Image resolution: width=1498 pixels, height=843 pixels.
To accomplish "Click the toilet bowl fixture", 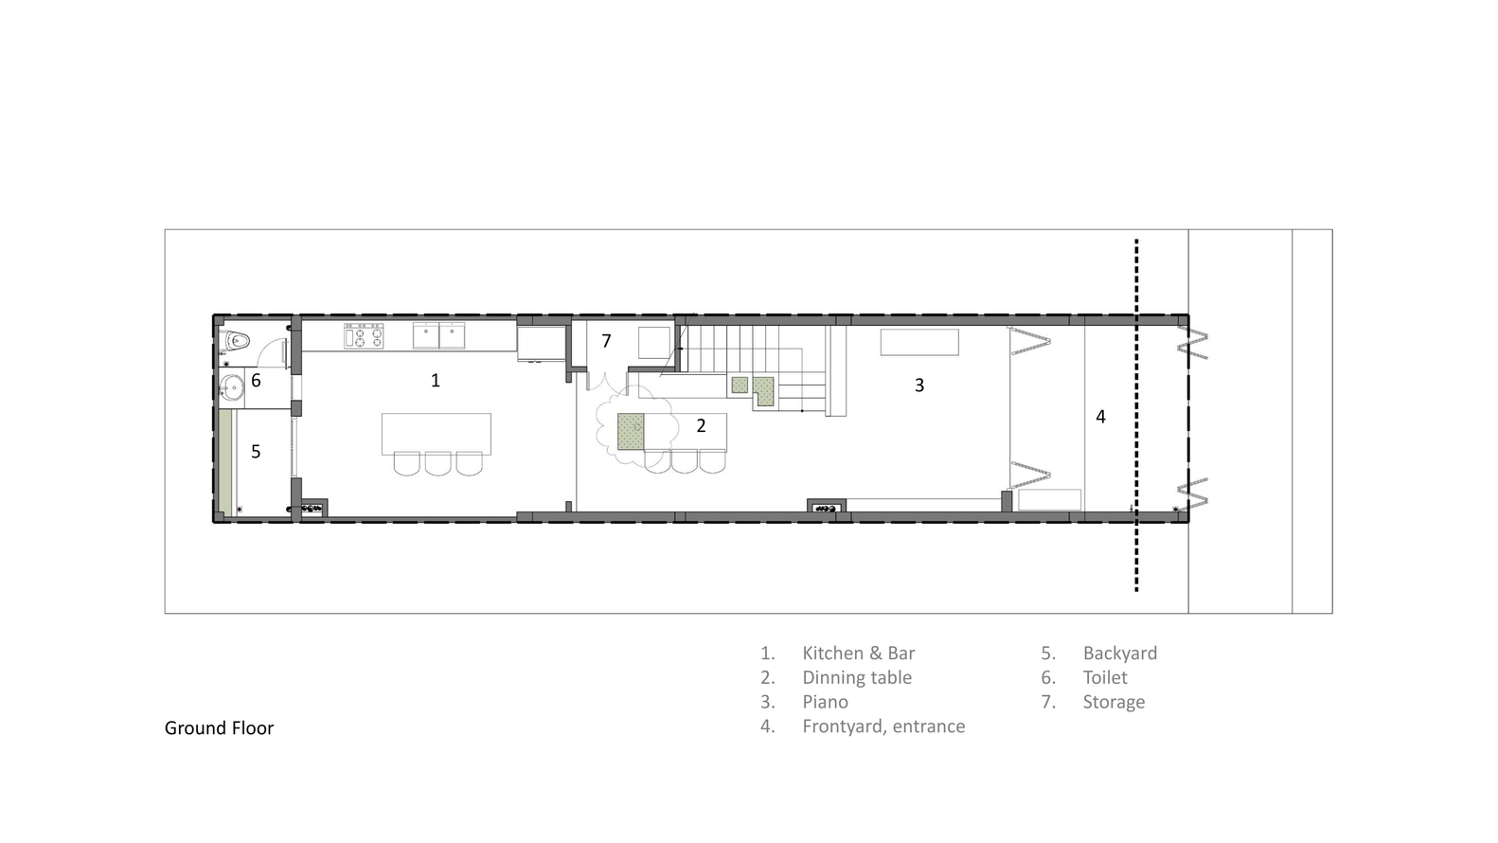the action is click(x=237, y=341).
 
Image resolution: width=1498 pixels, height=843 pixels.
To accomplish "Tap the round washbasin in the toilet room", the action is click(x=233, y=386).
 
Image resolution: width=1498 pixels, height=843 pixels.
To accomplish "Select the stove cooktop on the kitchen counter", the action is click(x=364, y=336).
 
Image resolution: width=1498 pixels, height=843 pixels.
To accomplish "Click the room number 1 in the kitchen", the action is click(x=436, y=381).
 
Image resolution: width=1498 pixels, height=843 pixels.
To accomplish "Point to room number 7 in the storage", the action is click(x=606, y=341).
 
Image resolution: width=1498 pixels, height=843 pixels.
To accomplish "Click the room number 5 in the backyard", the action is click(x=256, y=452).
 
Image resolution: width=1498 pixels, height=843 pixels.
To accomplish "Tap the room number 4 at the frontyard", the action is click(x=1100, y=417).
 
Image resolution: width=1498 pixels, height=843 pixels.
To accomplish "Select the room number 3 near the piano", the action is click(x=918, y=385).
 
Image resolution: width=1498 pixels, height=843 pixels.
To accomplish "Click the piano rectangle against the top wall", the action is click(x=919, y=342).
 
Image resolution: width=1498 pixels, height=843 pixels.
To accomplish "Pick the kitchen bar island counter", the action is click(x=436, y=434).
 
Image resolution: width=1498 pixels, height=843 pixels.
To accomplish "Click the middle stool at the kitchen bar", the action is click(x=438, y=464).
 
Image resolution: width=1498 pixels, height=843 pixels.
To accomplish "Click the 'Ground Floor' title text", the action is click(x=219, y=728).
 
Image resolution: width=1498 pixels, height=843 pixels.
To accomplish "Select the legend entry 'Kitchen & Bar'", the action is click(x=859, y=653).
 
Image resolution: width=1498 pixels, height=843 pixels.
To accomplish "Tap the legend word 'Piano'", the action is click(x=826, y=702).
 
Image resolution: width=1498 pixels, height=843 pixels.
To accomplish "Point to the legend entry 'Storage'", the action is click(x=1115, y=702).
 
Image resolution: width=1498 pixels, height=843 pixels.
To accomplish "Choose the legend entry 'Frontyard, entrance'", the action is click(x=883, y=726).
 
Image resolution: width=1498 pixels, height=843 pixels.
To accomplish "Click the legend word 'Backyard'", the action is click(x=1120, y=653).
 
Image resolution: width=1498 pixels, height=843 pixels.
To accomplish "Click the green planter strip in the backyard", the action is click(x=225, y=462).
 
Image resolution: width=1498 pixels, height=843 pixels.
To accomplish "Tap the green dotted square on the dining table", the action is click(x=630, y=431).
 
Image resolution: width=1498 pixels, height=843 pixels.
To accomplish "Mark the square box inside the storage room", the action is click(x=654, y=343).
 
